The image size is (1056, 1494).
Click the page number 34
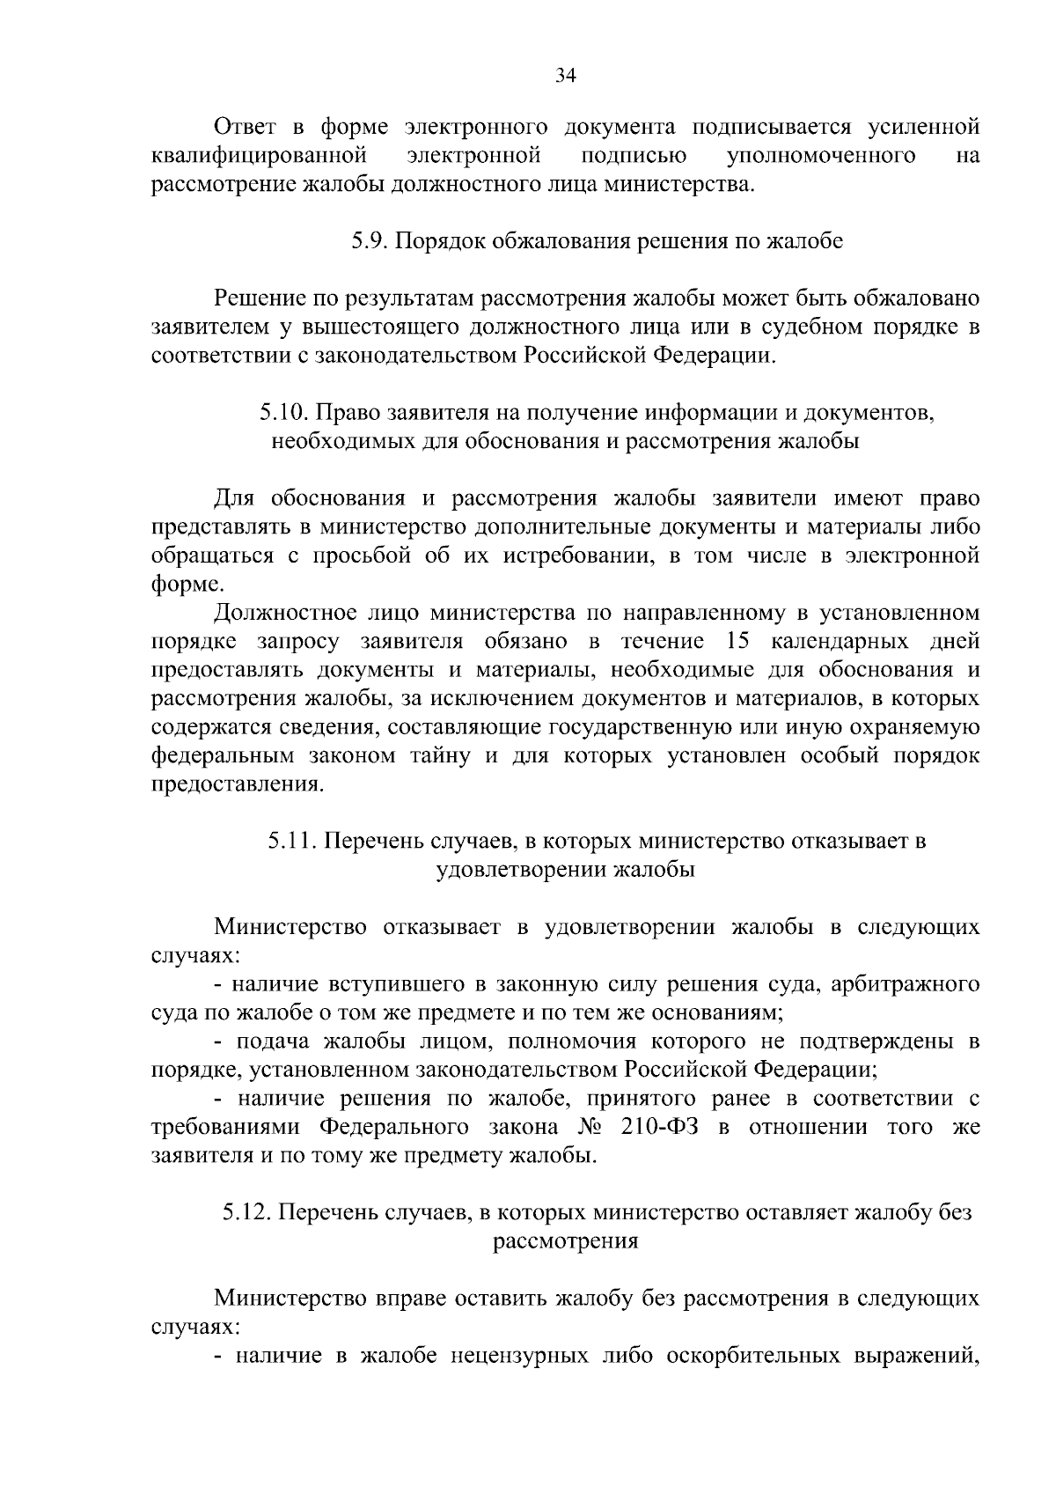pos(566,76)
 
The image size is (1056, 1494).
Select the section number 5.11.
pos(292,841)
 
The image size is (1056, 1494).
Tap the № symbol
pos(589,1127)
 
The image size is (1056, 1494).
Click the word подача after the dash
pos(275,1041)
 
